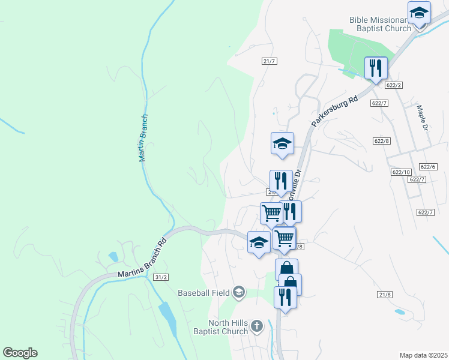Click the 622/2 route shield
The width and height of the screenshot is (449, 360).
394,85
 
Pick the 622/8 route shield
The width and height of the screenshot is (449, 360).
381,140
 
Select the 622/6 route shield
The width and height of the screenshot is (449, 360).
428,167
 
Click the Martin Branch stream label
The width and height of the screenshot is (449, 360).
143,138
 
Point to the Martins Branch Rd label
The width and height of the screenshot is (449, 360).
142,260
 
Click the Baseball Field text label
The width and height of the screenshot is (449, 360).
204,293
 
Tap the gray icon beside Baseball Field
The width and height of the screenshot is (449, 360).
238,292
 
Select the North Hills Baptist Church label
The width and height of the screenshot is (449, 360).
221,327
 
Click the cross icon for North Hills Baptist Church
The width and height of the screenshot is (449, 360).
256,326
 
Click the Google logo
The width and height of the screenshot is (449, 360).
20,353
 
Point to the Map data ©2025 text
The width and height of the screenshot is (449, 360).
423,355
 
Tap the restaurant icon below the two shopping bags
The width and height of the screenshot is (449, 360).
285,297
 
